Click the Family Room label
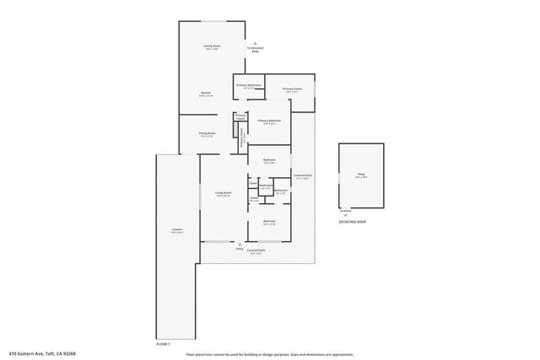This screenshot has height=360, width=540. click(x=212, y=47)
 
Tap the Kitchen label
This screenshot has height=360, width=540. click(x=206, y=94)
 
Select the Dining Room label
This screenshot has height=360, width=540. click(x=208, y=134)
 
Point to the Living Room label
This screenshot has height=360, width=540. click(x=224, y=194)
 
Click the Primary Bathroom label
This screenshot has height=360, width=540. click(x=248, y=86)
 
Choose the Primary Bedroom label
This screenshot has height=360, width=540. click(x=269, y=121)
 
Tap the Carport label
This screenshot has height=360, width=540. click(x=177, y=230)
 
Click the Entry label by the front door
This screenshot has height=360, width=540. click(x=240, y=250)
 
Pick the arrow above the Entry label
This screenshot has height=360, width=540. click(x=240, y=244)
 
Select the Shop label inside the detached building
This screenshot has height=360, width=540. click(x=360, y=175)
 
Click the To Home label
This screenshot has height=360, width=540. click(x=345, y=211)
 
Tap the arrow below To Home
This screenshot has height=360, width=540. click(x=345, y=216)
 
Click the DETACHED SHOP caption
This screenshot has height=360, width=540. click(x=353, y=222)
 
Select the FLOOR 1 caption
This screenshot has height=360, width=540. click(x=164, y=344)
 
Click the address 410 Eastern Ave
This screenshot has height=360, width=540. click(x=41, y=353)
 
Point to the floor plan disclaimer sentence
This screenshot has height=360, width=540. click(x=269, y=354)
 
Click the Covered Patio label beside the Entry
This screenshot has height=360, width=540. click(x=256, y=251)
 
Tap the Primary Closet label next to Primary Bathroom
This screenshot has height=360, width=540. click(x=292, y=89)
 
